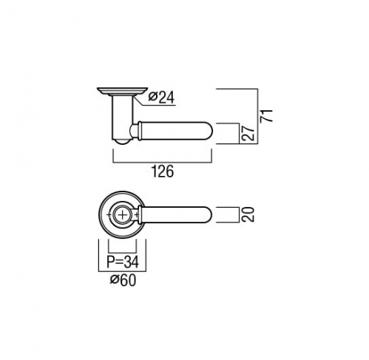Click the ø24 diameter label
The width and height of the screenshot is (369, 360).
(x=161, y=98)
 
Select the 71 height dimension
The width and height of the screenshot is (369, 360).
(x=266, y=115)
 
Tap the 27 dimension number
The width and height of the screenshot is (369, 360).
(x=248, y=133)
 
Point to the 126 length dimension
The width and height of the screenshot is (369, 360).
(x=163, y=171)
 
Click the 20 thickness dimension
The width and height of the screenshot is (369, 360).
(x=248, y=214)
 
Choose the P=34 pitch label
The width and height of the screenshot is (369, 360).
(x=123, y=262)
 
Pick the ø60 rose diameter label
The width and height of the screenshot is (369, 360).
(x=123, y=280)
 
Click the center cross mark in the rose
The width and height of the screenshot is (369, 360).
(x=123, y=215)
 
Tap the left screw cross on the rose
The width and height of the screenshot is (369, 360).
(x=109, y=215)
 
